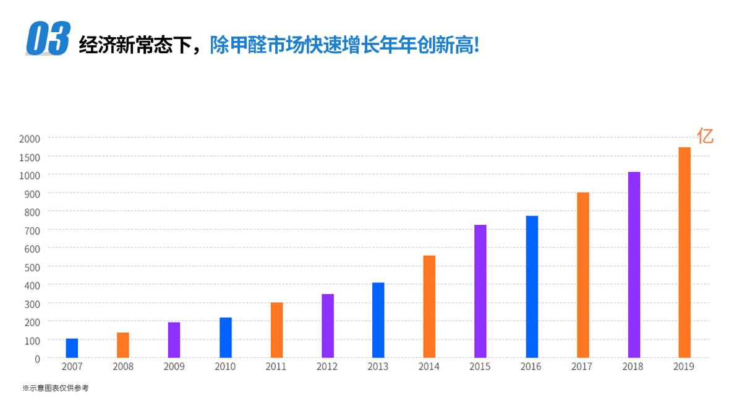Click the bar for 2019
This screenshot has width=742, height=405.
684,253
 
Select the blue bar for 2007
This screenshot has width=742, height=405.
72,348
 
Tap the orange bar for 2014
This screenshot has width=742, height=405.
429,307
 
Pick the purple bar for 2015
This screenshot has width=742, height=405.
480,291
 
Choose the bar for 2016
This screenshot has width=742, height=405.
532,287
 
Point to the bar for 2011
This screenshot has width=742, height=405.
276,330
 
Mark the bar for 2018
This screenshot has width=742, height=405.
634,265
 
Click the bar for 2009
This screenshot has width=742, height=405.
174,340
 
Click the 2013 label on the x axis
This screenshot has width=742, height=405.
378,367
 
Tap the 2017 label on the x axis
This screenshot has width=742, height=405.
582,367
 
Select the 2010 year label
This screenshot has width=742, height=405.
225,367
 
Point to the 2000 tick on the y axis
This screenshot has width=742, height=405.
29,138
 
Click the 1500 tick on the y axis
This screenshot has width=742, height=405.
29,157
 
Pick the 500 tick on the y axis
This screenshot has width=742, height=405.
32,267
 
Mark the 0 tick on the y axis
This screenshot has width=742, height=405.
37,359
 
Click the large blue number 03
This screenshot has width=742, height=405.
48,40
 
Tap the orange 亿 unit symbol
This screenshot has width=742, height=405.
705,136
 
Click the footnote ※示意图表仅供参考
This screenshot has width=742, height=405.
56,388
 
